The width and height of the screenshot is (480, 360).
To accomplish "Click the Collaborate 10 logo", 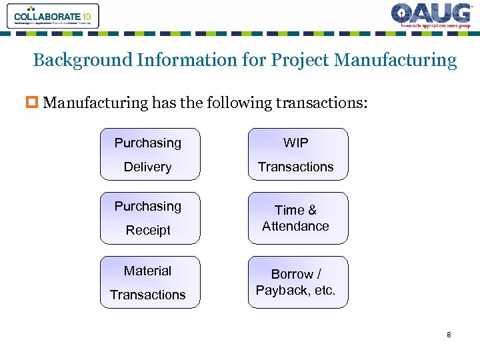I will click(53, 16).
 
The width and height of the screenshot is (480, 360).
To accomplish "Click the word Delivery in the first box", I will click(148, 167).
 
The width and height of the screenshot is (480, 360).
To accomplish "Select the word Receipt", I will click(148, 231).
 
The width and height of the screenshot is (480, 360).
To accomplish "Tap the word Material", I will click(148, 271).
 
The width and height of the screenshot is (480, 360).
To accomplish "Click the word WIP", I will click(296, 143).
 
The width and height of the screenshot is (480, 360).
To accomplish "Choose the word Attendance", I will click(296, 226).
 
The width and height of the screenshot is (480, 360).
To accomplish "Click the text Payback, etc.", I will click(296, 291).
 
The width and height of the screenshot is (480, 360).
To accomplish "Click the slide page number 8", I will click(449, 335).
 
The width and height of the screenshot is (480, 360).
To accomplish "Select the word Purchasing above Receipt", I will click(148, 206).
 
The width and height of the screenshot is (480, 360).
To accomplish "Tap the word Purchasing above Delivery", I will click(148, 143).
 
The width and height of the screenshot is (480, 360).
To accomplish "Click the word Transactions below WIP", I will click(296, 167).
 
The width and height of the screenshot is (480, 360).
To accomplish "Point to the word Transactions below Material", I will click(148, 295).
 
